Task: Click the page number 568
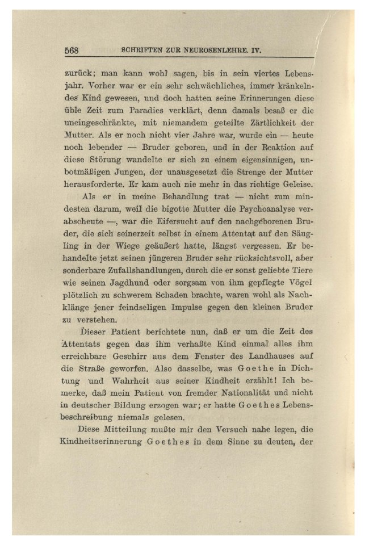71,50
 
